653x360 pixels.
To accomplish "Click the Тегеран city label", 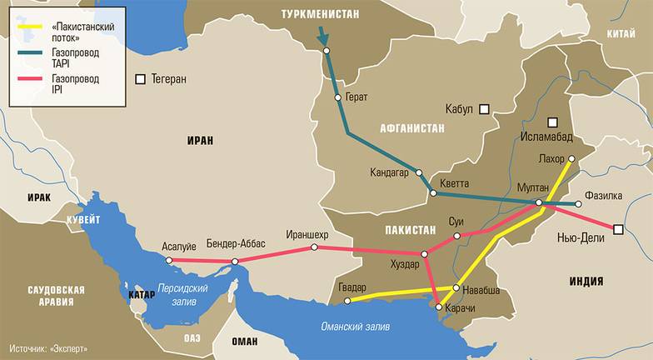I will (x=169, y=79).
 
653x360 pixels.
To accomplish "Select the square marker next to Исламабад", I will (x=552, y=122).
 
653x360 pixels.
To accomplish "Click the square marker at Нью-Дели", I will (x=617, y=229).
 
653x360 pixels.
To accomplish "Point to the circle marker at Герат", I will (x=337, y=97).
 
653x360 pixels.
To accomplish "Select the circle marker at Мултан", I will (x=539, y=202).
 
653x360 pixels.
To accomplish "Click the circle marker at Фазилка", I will (x=579, y=203).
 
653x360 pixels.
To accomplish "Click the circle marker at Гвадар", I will (x=348, y=301).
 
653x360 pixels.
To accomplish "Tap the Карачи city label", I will (x=460, y=308).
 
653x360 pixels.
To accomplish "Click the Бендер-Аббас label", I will (x=236, y=243).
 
